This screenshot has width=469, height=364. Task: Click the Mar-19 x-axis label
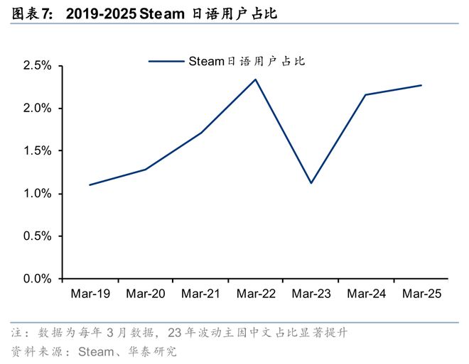coord(90,294)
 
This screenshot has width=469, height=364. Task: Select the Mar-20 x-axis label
coord(146,294)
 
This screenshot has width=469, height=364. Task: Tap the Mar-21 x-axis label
coord(201,294)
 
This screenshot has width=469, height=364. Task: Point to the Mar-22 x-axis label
coord(256,294)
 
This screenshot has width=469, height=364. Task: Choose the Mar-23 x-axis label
coord(311,294)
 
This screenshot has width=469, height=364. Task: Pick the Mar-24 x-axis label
coord(367,294)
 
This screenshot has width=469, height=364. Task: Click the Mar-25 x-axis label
coord(422,294)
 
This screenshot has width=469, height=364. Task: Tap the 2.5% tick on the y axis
coord(38,66)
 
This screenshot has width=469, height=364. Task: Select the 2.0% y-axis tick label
coord(38,109)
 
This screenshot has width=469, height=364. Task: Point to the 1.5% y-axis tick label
coord(38,151)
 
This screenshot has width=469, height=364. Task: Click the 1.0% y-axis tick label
coord(38,194)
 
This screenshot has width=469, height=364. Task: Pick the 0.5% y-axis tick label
coord(38,236)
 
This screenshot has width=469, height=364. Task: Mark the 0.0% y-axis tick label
coord(38,279)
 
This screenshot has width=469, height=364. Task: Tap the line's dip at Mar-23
coord(311,183)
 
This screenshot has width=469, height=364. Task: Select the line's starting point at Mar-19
coord(90,185)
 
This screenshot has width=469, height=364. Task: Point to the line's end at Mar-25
coord(421,85)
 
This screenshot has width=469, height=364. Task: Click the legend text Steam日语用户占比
coord(246,61)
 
